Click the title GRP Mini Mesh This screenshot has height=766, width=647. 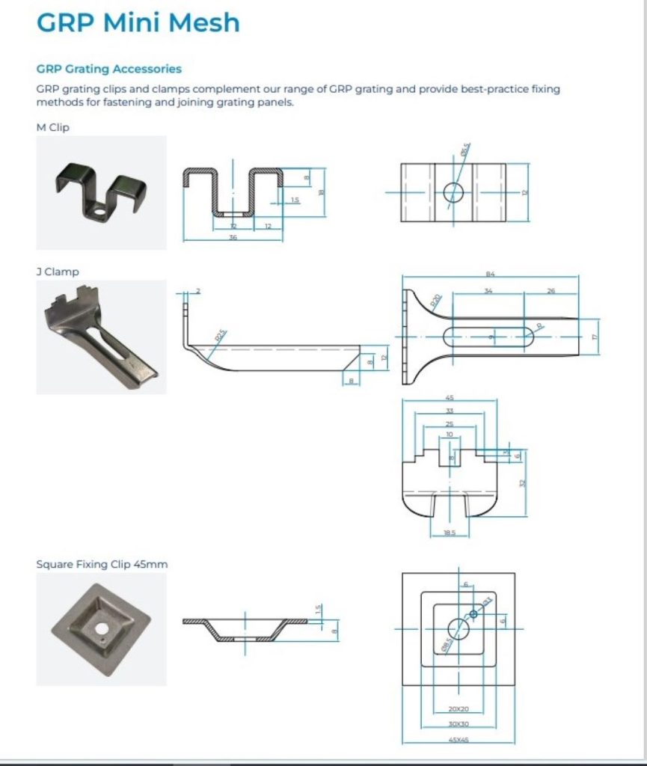pos(138,22)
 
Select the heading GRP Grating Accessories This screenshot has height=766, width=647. pos(109,69)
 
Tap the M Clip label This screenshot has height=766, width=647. pos(52,127)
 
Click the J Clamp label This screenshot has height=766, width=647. pos(58,272)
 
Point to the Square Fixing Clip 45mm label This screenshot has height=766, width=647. pos(102,564)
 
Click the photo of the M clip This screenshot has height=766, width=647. pos(101,192)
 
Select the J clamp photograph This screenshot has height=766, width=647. pos(101,337)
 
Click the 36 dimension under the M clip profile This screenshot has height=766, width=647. pos(233,236)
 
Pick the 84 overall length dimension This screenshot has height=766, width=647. pos(491,275)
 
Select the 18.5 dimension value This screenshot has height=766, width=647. pos(450,533)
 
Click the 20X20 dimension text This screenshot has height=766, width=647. pos(459,708)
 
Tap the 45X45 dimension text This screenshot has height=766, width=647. pos(459,740)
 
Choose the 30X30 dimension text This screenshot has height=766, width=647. pos(459,724)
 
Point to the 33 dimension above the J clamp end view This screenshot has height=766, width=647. pos(450,411)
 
